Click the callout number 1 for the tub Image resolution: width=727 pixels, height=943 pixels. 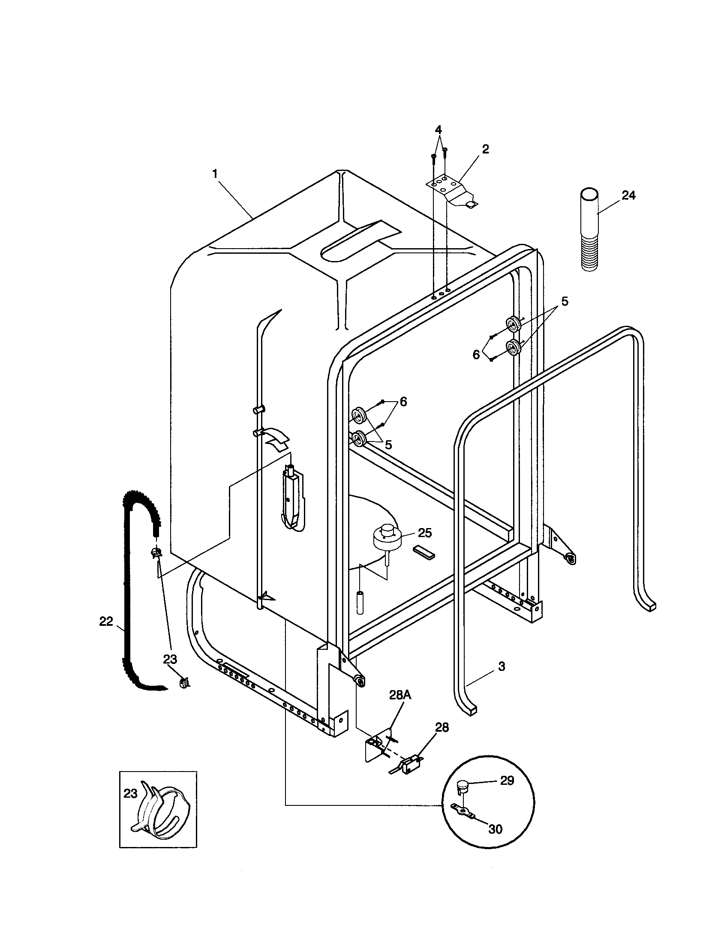(x=215, y=174)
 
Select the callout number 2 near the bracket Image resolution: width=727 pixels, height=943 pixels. (x=485, y=150)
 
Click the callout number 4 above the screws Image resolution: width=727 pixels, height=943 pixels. (x=438, y=129)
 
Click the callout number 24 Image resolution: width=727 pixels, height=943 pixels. (x=628, y=195)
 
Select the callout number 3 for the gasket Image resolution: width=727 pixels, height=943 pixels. (x=501, y=666)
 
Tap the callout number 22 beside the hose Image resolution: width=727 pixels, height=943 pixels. (x=106, y=622)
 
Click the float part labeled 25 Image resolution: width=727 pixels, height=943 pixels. (x=388, y=537)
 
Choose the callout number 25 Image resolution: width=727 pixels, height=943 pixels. (x=425, y=533)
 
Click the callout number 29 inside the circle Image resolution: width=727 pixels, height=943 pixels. (x=507, y=781)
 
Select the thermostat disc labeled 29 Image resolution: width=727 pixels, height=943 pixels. (x=463, y=787)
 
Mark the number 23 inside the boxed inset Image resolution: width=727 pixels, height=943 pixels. (x=130, y=793)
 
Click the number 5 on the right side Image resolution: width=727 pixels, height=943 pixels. (x=565, y=301)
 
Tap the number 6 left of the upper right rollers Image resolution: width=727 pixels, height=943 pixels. (x=476, y=354)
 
